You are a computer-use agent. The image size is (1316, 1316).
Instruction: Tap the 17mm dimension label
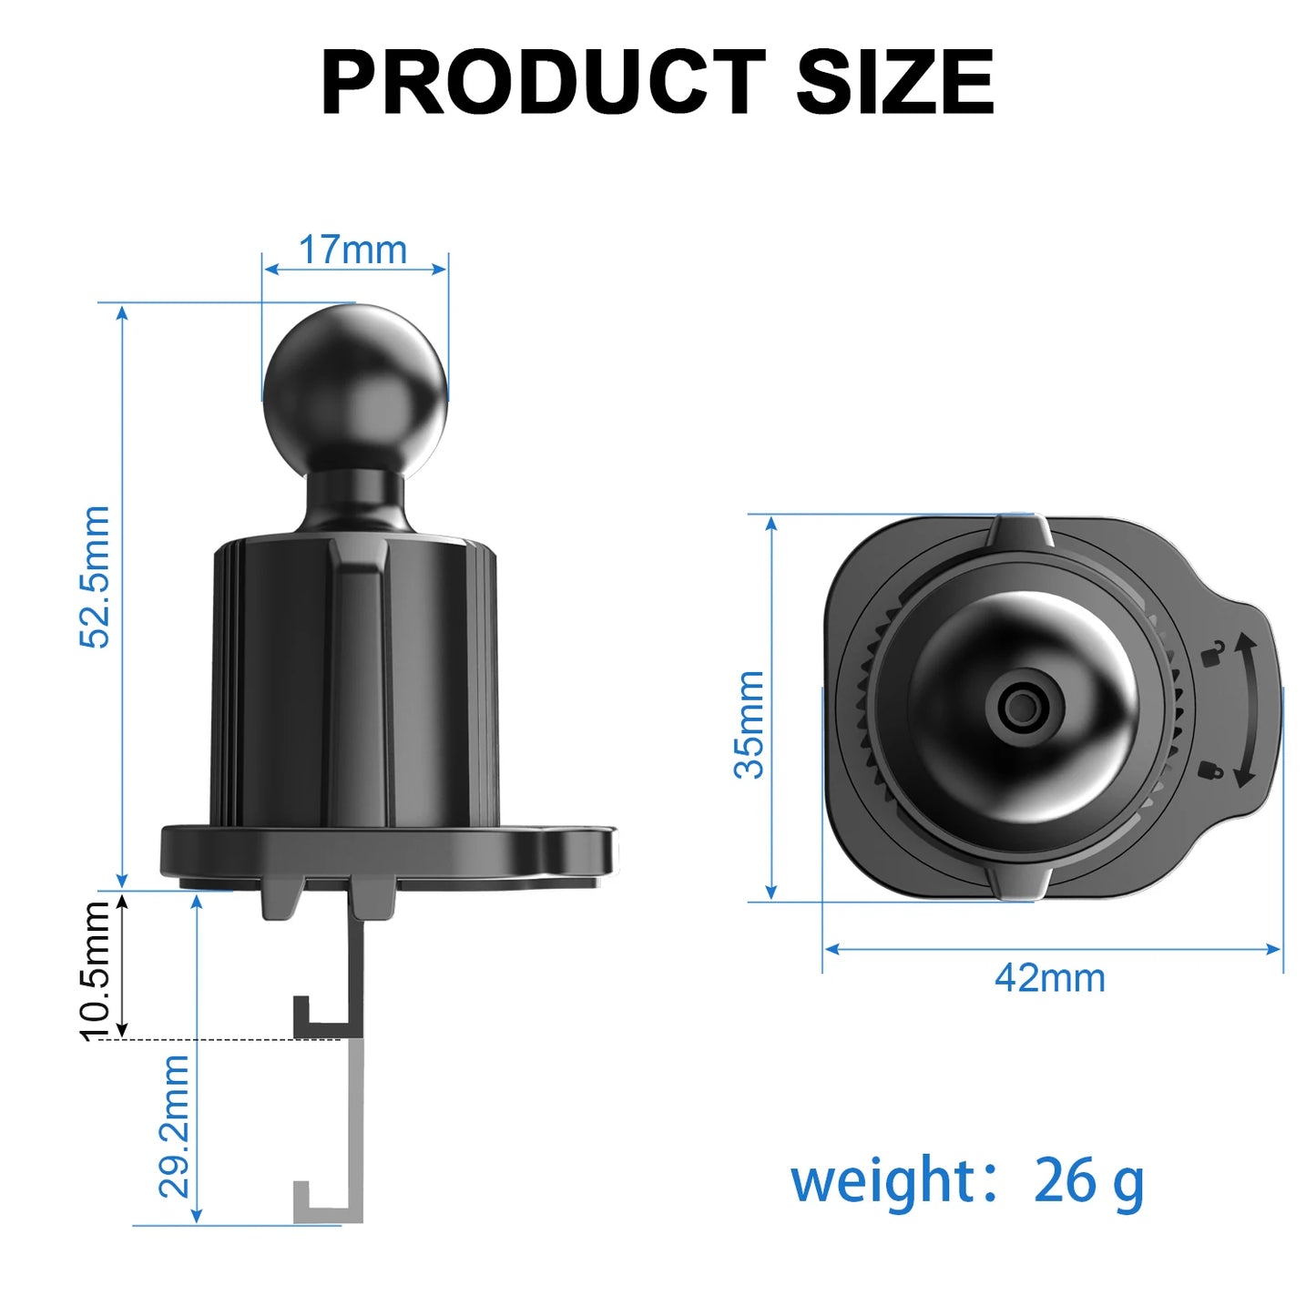click(352, 250)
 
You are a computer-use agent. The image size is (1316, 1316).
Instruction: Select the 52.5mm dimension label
click(95, 576)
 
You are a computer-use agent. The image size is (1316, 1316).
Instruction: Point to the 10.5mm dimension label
click(95, 970)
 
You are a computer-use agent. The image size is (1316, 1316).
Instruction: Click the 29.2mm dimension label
click(174, 1127)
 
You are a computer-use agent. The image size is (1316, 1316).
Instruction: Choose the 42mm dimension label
click(1050, 978)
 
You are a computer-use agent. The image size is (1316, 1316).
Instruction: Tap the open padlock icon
click(1212, 652)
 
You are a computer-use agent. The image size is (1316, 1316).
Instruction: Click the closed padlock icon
click(1210, 770)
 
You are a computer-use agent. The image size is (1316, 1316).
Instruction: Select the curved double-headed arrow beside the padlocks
click(1245, 711)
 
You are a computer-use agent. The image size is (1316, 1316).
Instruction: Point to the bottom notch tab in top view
click(1020, 882)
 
